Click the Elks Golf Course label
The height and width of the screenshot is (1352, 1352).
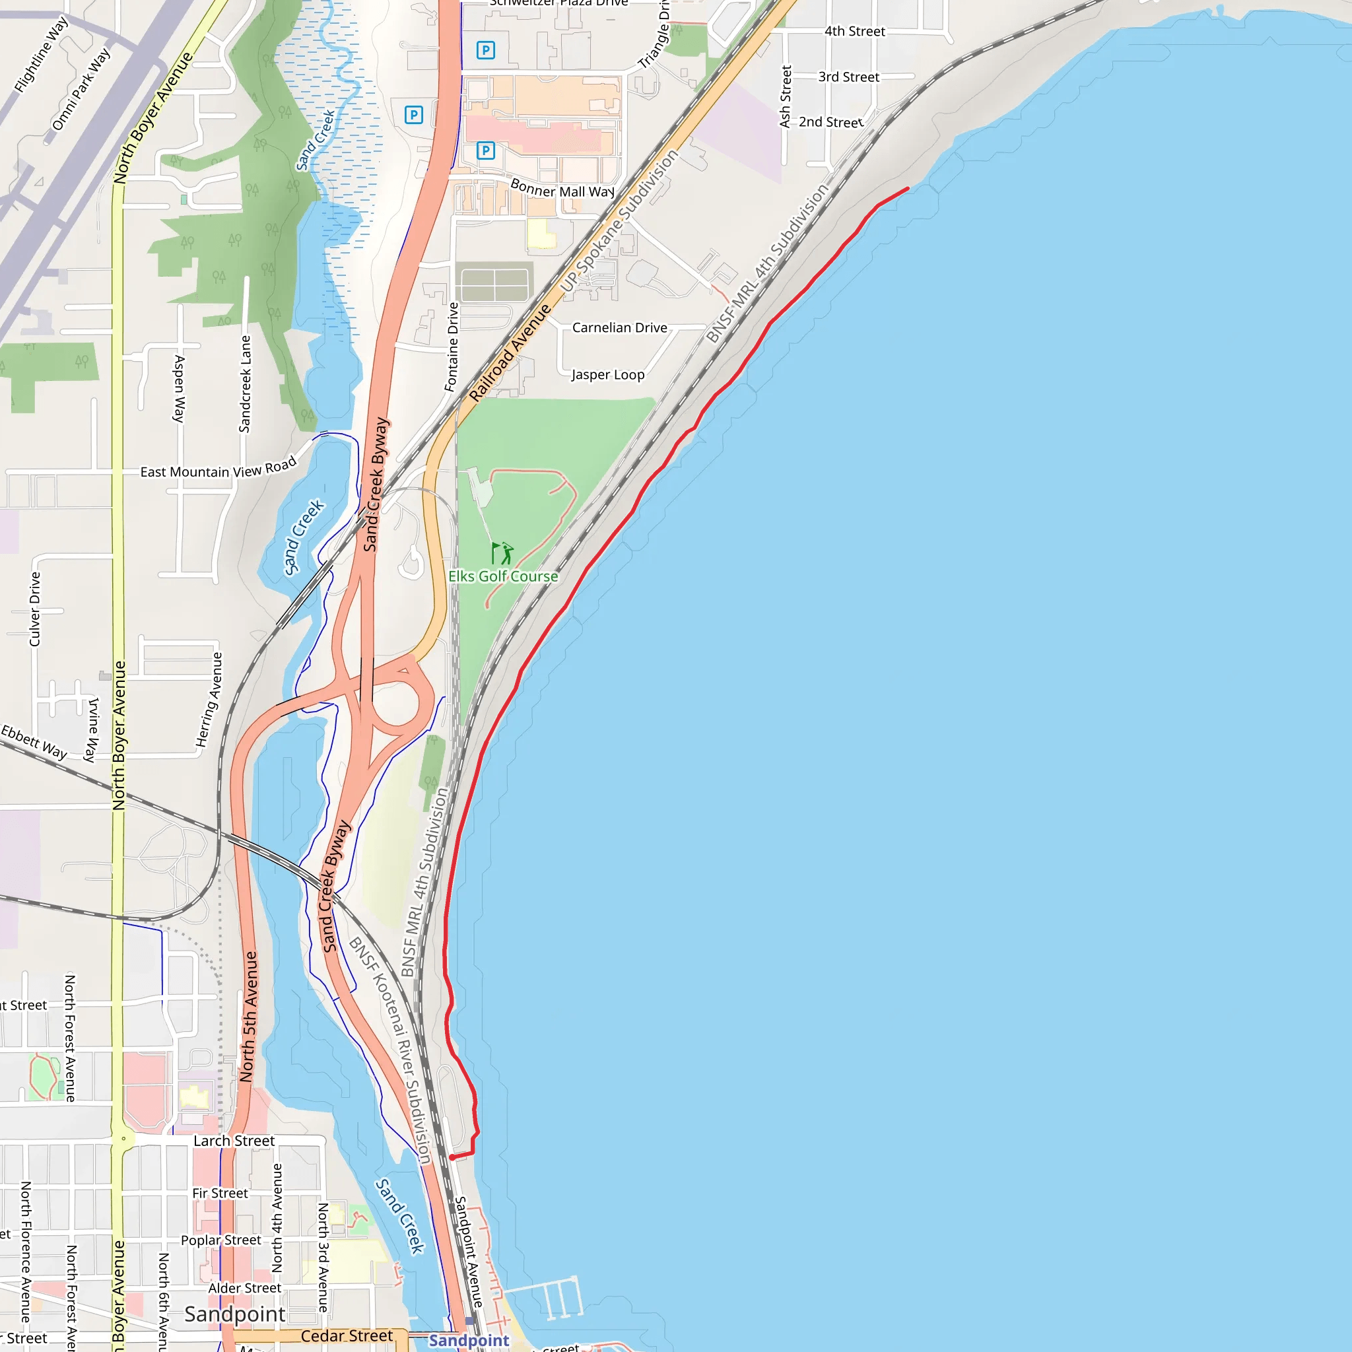click(x=503, y=576)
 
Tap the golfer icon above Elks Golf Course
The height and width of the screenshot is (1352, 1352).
click(x=502, y=553)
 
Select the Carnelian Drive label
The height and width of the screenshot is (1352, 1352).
click(x=619, y=327)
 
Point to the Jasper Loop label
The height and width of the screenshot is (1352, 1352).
click(x=607, y=374)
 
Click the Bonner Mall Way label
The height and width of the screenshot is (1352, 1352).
click(x=562, y=189)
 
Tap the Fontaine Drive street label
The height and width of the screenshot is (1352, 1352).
click(x=452, y=347)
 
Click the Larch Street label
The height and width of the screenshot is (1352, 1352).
click(x=234, y=1141)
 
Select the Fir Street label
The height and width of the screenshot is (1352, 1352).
click(x=220, y=1193)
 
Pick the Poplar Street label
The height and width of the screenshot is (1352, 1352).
click(x=220, y=1240)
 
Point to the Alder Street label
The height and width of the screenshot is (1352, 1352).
click(x=244, y=1287)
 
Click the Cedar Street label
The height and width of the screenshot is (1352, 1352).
click(x=347, y=1336)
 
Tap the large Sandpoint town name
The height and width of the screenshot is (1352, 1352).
click(x=234, y=1314)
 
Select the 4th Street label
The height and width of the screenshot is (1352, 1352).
click(x=854, y=32)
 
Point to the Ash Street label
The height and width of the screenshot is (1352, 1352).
click(x=786, y=96)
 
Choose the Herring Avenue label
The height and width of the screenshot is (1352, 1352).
click(x=209, y=700)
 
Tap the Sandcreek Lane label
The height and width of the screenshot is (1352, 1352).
click(x=245, y=384)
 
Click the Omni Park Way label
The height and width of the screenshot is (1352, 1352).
click(x=81, y=89)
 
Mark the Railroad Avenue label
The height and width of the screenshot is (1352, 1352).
click(x=510, y=353)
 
